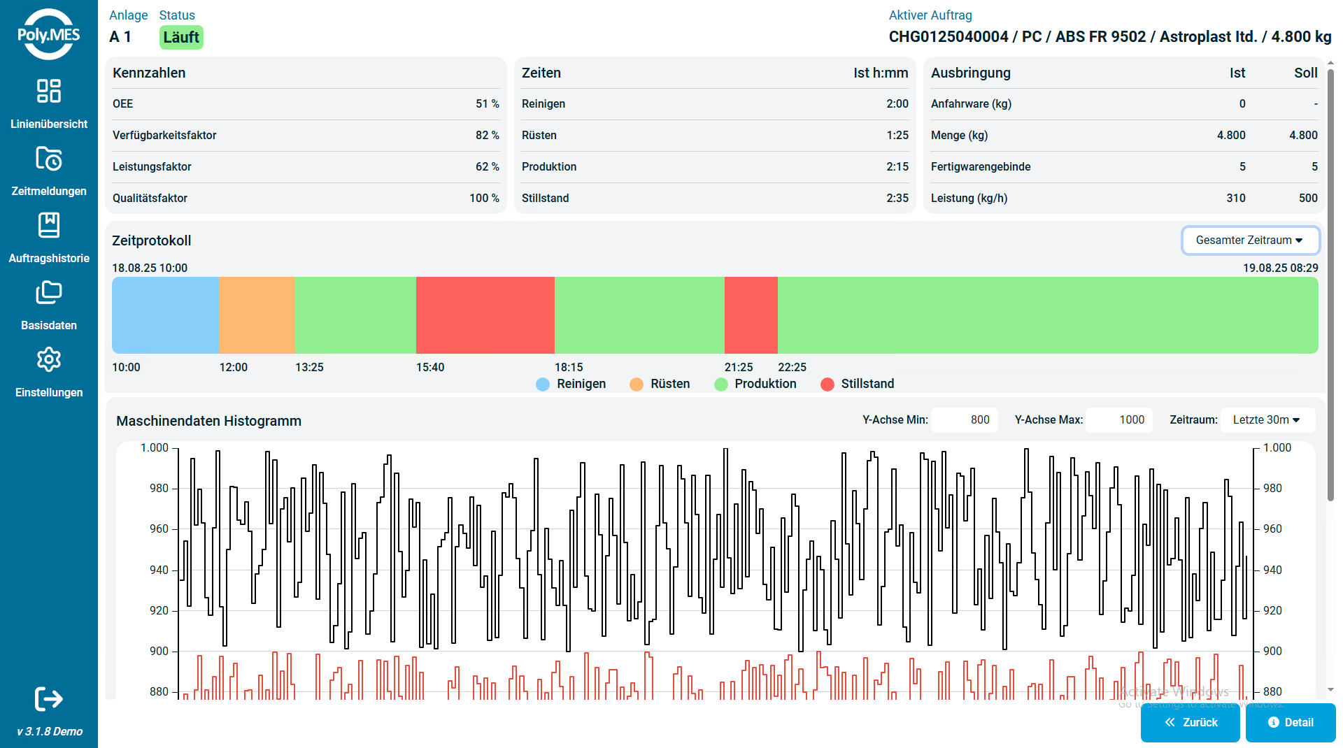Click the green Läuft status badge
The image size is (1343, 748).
click(x=181, y=37)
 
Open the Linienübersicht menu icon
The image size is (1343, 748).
click(x=49, y=91)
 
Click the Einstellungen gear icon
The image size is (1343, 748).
click(x=49, y=360)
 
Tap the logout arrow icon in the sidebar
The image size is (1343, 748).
click(x=49, y=698)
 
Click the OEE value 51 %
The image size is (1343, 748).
click(x=487, y=103)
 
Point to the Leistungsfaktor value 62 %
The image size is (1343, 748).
click(x=487, y=166)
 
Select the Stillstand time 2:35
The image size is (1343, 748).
click(x=897, y=198)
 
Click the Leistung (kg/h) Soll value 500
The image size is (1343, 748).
click(x=1307, y=198)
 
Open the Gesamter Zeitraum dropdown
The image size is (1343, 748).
click(x=1250, y=240)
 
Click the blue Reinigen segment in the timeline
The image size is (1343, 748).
click(x=165, y=315)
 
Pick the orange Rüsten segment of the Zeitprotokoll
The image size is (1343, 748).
click(x=257, y=315)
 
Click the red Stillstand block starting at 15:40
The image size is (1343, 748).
click(x=485, y=315)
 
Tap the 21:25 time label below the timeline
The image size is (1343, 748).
click(x=739, y=367)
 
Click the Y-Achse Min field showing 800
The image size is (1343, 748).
click(x=965, y=420)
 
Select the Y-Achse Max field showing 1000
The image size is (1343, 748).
click(x=1119, y=420)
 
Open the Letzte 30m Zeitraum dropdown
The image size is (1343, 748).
click(x=1267, y=420)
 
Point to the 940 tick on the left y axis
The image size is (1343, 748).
click(x=159, y=570)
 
